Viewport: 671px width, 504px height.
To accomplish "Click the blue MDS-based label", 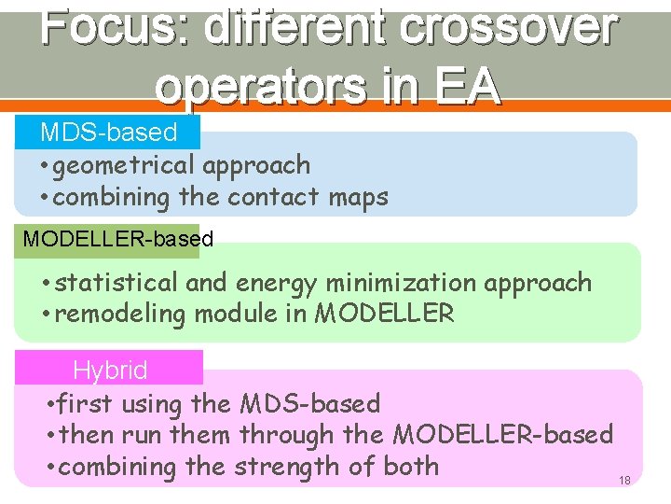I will (x=108, y=132).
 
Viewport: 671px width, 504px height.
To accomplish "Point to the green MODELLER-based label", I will (x=118, y=239).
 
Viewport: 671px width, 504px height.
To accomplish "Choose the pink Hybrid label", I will (x=110, y=371).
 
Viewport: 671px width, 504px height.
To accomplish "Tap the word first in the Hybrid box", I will (x=84, y=404).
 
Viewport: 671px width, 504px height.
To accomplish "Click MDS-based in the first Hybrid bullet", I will (x=310, y=404).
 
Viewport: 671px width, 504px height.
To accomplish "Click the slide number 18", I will (x=624, y=480).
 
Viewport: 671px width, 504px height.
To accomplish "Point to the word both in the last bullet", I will (x=406, y=466).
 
